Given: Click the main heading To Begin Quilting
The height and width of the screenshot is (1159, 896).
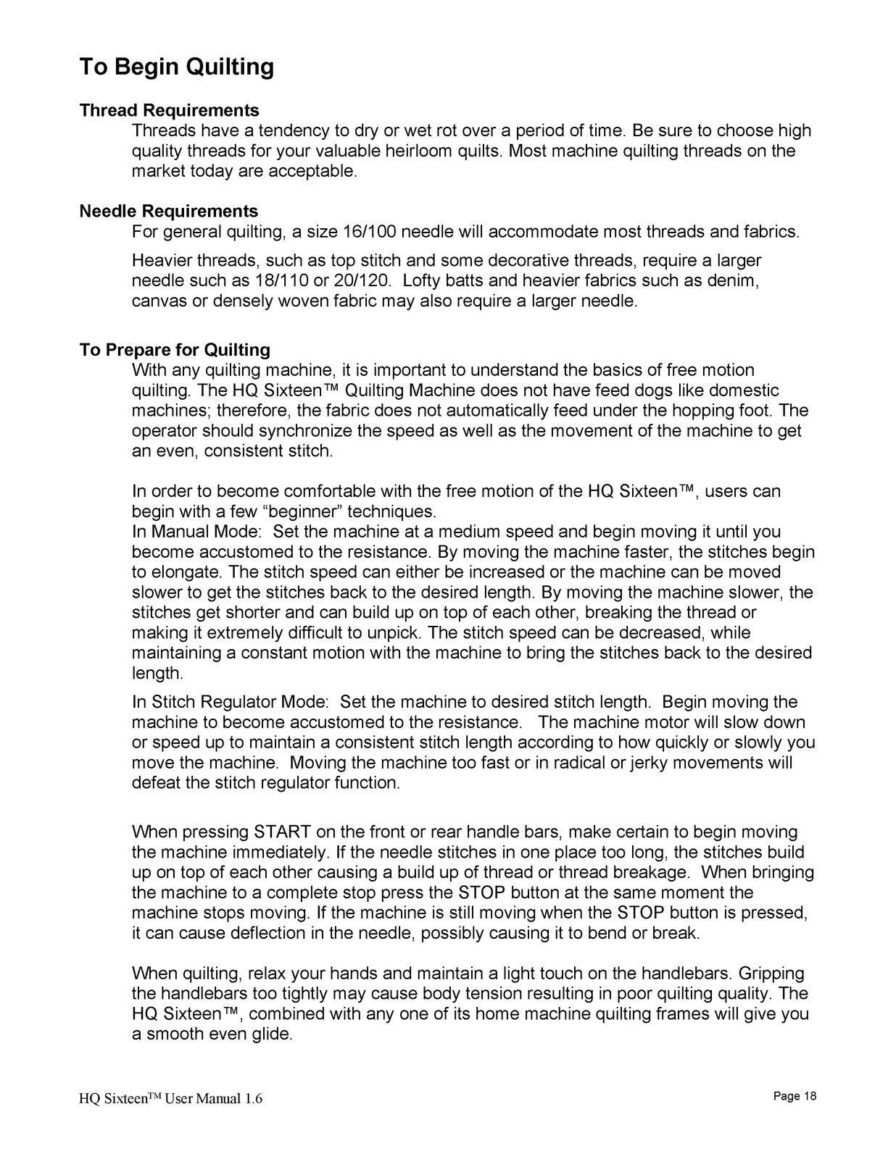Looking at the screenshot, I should pos(176,67).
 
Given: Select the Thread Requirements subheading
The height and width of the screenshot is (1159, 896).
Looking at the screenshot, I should pos(169,111).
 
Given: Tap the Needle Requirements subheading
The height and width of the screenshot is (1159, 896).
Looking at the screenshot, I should pos(168,212).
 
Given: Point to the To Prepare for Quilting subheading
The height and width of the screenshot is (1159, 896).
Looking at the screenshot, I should pos(175,351).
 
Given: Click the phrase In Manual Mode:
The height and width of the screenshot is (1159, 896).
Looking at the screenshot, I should pos(191,532).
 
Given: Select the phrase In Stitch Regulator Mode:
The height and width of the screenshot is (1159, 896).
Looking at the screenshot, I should pos(231,702).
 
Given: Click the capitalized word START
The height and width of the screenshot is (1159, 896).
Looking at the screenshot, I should pos(283,832).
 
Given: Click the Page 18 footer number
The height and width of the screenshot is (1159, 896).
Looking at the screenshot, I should pos(795,1096).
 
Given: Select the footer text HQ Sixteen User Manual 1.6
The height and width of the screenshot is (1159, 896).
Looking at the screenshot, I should pos(171,1099).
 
